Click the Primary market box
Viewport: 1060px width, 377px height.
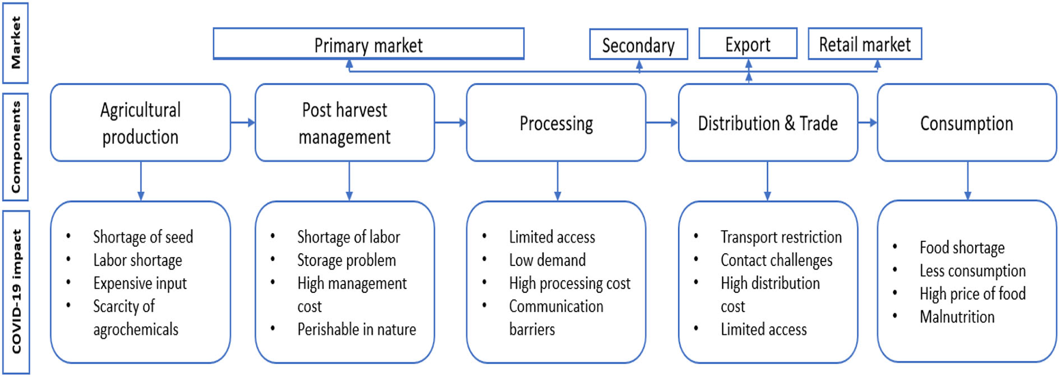[368, 44]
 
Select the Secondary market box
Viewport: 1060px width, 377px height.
[638, 45]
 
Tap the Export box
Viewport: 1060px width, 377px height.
[748, 44]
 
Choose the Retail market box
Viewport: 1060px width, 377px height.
[864, 44]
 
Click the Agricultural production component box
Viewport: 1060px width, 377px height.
[141, 123]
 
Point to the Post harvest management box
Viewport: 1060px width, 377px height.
[345, 123]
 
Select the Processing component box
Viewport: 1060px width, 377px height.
[556, 123]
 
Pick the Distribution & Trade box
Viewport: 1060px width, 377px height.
[767, 123]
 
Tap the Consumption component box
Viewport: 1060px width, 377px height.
[966, 123]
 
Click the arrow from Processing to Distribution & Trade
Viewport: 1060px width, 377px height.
[662, 122]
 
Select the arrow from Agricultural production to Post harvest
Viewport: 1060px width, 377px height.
[242, 122]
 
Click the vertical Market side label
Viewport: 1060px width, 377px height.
[16, 42]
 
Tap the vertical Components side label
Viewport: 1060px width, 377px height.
[16, 146]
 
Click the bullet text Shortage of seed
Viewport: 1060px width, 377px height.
[143, 237]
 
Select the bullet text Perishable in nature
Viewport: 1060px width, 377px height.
[357, 329]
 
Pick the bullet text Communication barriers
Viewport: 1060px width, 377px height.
[556, 317]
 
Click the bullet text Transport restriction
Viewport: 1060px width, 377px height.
[781, 237]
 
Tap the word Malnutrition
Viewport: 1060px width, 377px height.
[957, 317]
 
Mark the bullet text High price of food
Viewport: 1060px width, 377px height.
[972, 293]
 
